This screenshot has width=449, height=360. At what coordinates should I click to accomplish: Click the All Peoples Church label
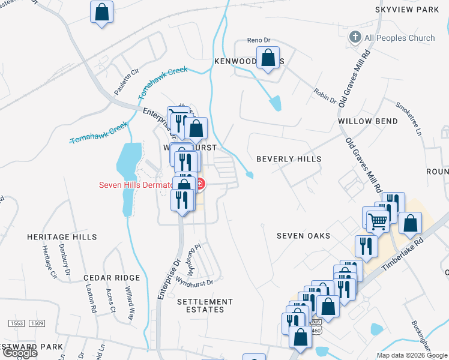pyautogui.click(x=399, y=38)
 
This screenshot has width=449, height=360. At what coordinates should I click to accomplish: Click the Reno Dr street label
pyautogui.click(x=259, y=41)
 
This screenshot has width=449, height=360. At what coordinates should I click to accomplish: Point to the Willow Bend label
pyautogui.click(x=367, y=121)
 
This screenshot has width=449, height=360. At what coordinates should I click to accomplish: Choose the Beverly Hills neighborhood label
pyautogui.click(x=289, y=159)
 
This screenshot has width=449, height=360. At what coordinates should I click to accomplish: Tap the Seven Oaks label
pyautogui.click(x=303, y=236)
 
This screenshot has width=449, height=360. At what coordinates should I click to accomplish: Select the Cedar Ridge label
pyautogui.click(x=112, y=278)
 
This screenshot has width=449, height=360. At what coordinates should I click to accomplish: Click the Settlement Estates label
pyautogui.click(x=205, y=306)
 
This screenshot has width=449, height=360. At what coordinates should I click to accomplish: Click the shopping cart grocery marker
pyautogui.click(x=378, y=221)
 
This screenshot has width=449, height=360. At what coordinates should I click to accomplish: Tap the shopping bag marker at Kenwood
pyautogui.click(x=268, y=59)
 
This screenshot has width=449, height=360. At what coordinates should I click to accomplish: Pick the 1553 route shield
pyautogui.click(x=16, y=323)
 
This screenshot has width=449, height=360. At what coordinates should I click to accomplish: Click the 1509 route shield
pyautogui.click(x=37, y=323)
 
